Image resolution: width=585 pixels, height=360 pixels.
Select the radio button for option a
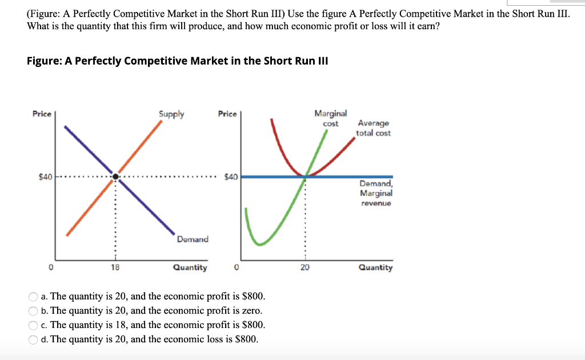(34, 297)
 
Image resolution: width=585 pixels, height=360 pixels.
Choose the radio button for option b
(34, 311)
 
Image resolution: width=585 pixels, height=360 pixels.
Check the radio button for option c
(34, 325)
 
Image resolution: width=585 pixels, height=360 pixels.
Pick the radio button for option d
(34, 339)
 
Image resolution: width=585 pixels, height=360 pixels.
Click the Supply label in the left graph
(171, 114)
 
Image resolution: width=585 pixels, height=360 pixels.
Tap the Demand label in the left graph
(193, 239)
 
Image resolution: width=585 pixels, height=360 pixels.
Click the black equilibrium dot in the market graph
(116, 177)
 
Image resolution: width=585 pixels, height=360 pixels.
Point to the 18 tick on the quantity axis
(115, 267)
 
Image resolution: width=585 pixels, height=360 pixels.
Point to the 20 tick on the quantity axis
(304, 267)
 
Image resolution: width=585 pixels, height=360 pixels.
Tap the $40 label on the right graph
(231, 177)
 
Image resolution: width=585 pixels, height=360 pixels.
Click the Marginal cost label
(330, 118)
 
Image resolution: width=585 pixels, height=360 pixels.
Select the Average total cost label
(374, 128)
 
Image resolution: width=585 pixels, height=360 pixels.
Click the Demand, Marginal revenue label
(376, 193)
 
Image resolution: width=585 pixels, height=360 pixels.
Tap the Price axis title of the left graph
(42, 114)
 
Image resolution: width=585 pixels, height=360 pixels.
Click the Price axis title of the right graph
(227, 114)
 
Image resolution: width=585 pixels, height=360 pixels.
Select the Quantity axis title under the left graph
(190, 267)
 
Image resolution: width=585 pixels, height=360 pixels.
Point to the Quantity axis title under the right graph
(375, 267)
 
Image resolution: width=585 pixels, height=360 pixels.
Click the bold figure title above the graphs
(177, 61)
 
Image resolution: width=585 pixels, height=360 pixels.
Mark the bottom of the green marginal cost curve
(261, 244)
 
